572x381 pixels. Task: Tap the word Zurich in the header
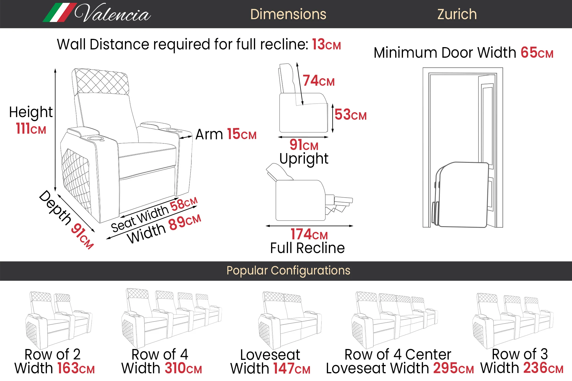click(457, 14)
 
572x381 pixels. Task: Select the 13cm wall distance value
click(326, 45)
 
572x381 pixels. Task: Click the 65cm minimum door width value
click(537, 53)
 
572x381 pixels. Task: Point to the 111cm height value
click(31, 129)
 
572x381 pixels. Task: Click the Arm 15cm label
click(226, 134)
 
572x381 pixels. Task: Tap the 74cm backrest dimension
click(318, 81)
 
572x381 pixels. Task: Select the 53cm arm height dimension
click(350, 115)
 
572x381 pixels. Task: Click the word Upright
click(304, 159)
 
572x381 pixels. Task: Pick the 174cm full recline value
click(309, 234)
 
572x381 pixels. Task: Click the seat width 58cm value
click(183, 204)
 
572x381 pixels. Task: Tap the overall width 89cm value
click(184, 222)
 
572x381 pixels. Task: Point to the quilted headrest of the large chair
click(100, 81)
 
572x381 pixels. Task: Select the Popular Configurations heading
click(288, 270)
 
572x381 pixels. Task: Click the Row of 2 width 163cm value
click(76, 368)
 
